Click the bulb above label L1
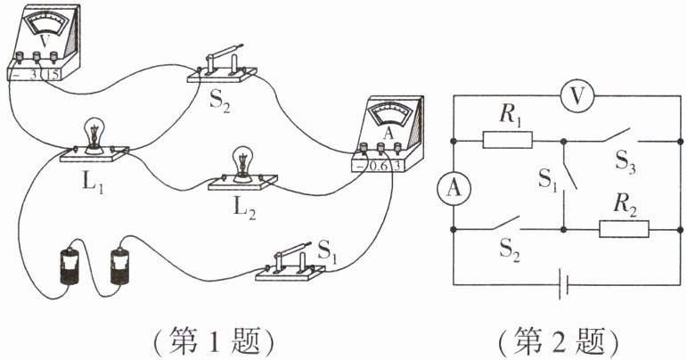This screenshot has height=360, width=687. coord(94,134)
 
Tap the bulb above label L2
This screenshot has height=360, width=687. coord(242,163)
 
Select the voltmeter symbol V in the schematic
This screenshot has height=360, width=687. coord(577,96)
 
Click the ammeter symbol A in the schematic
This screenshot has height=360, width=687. coord(454,188)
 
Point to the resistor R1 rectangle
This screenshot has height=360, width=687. coord(507,140)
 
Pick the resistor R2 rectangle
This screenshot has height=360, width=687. coord(624,229)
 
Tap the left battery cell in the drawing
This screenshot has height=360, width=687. coord(70,266)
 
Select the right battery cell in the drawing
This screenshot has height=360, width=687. coord(119,266)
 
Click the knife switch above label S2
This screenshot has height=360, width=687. coord(222,66)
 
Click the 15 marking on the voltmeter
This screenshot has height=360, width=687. coord(52,75)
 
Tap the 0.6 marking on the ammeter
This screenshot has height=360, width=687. coord(378,166)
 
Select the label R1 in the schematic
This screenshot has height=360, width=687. coord(510,117)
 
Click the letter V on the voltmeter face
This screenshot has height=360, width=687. coord(45,41)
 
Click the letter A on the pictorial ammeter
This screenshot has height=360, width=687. coord(388,134)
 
